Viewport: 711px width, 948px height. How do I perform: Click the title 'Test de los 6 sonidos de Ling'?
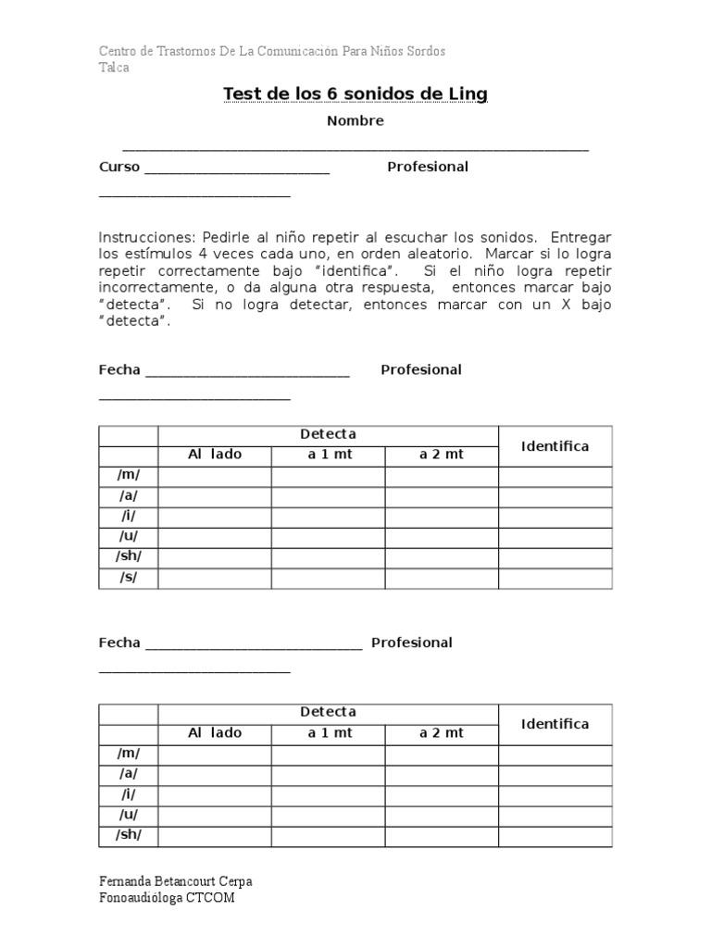click(x=355, y=94)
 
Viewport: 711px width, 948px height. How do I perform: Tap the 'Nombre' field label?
click(x=355, y=121)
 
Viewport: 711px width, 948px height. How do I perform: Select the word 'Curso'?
click(x=119, y=167)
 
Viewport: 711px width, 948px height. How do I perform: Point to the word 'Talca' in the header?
click(x=114, y=68)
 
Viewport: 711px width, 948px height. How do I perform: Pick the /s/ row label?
click(x=128, y=578)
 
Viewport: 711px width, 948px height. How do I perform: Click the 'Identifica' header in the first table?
click(x=555, y=446)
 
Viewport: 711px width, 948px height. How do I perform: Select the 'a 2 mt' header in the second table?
click(x=442, y=732)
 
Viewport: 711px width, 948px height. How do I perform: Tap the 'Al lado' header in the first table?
click(x=215, y=455)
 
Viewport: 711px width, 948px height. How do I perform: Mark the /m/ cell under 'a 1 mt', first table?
click(x=328, y=476)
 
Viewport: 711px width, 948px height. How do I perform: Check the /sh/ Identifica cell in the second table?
click(x=555, y=835)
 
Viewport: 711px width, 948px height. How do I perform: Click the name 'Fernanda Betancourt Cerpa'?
click(x=175, y=881)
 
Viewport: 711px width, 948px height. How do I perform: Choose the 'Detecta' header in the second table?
click(x=328, y=712)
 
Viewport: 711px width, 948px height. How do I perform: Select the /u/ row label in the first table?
click(x=128, y=537)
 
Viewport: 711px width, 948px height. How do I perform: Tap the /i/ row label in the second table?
click(x=128, y=794)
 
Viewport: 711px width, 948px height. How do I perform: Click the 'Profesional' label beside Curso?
click(x=428, y=167)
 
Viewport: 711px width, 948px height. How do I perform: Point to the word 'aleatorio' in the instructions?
click(x=437, y=254)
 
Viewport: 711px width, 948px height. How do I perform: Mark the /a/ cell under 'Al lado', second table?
click(x=215, y=774)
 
